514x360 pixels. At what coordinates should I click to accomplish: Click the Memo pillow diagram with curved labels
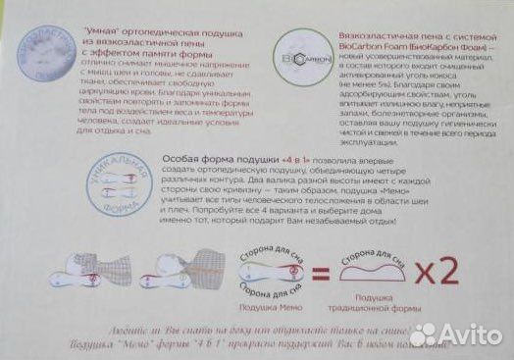pos(264,269)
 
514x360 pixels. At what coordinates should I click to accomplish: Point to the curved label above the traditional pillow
pos(374,251)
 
